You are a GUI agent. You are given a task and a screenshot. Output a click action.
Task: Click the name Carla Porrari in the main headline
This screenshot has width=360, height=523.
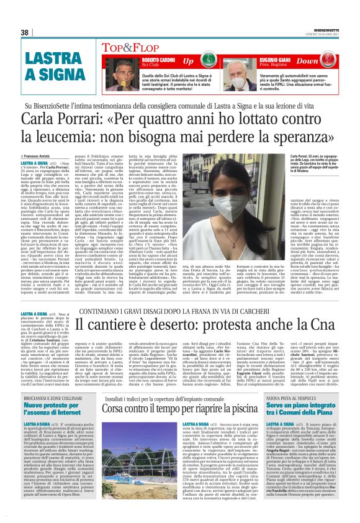coord(55,118)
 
